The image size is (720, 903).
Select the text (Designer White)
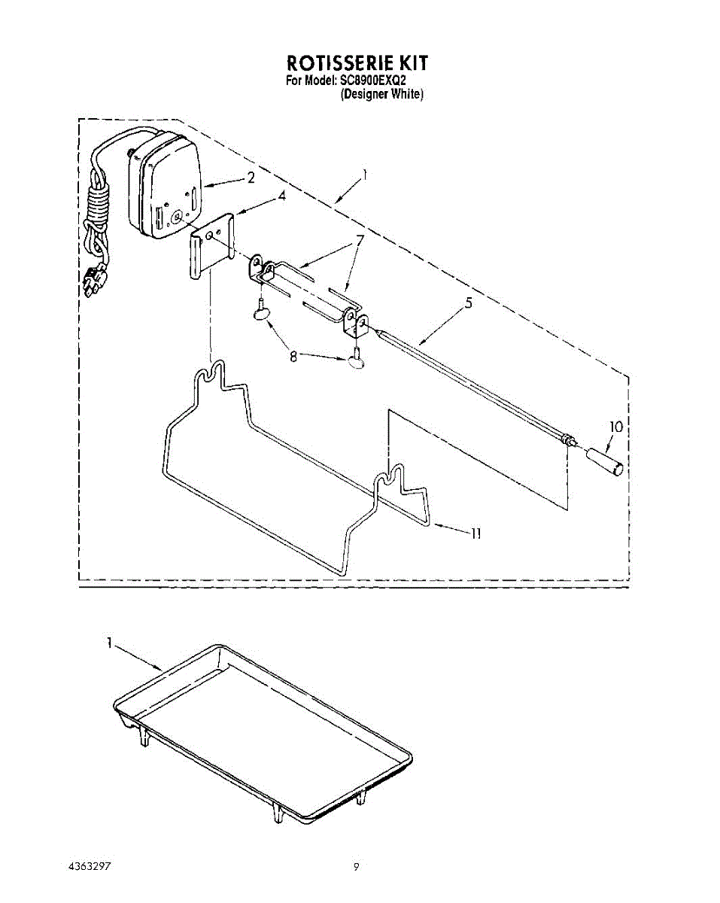click(x=382, y=95)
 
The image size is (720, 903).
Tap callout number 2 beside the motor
click(x=251, y=178)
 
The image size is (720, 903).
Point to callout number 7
click(x=360, y=241)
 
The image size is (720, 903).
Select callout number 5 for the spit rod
click(x=469, y=304)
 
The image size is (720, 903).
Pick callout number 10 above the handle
click(x=616, y=427)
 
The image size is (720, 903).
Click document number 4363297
click(x=90, y=866)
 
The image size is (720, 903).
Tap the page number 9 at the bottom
click(x=357, y=866)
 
